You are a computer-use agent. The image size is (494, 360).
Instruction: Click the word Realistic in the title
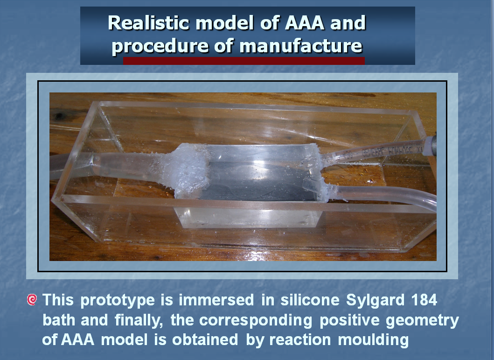[148, 23]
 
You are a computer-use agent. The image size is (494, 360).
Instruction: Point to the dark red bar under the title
[244, 61]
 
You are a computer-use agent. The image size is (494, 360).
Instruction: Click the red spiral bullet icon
[32, 299]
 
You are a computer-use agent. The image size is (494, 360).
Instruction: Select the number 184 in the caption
[424, 300]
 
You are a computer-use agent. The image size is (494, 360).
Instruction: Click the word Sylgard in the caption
[375, 300]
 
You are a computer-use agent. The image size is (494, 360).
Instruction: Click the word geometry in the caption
[422, 321]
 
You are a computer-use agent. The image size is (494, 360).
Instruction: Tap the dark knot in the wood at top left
[59, 116]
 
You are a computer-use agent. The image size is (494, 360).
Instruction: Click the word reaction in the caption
[300, 340]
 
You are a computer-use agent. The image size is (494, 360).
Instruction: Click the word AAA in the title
[304, 23]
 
